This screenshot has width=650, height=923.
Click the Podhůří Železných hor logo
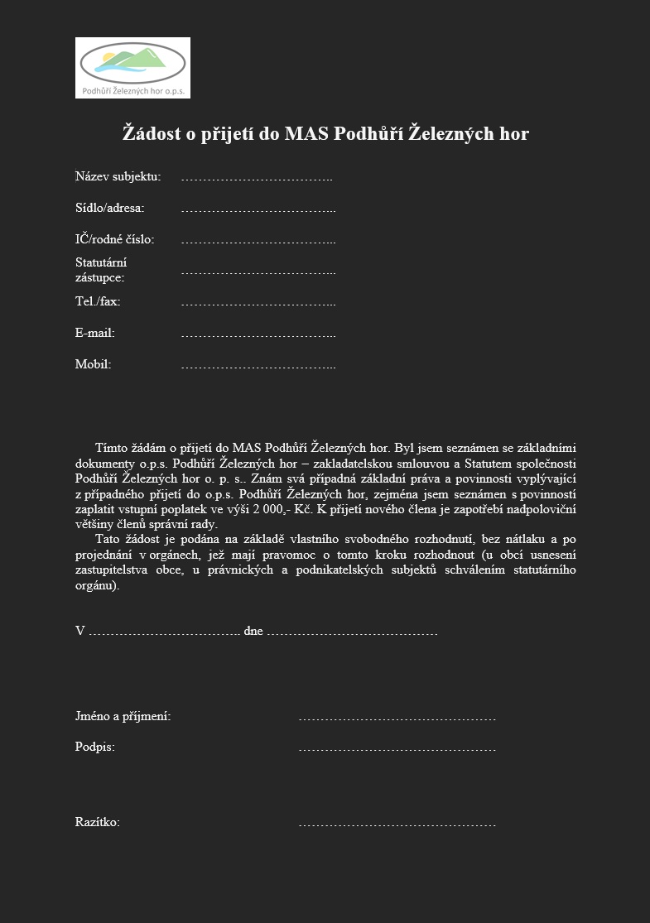(132, 67)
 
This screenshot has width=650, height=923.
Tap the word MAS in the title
(306, 133)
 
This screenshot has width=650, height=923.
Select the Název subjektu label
(118, 176)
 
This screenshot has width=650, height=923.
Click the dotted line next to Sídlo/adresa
(258, 209)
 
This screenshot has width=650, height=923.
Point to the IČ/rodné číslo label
(114, 239)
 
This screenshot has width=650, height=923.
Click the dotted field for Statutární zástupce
(258, 271)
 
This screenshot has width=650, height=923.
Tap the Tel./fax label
(98, 301)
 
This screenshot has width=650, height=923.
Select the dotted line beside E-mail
(258, 334)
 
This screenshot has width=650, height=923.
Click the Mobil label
(93, 364)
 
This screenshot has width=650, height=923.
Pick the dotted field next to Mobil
(258, 365)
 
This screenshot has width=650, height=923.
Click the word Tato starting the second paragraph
(108, 539)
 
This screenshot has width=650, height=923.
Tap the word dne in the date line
(253, 631)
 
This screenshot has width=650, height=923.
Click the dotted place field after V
(164, 632)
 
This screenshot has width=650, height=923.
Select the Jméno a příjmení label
(123, 716)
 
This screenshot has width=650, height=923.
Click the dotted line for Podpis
(397, 748)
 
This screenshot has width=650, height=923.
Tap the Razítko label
(98, 823)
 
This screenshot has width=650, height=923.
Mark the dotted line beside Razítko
(397, 824)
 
